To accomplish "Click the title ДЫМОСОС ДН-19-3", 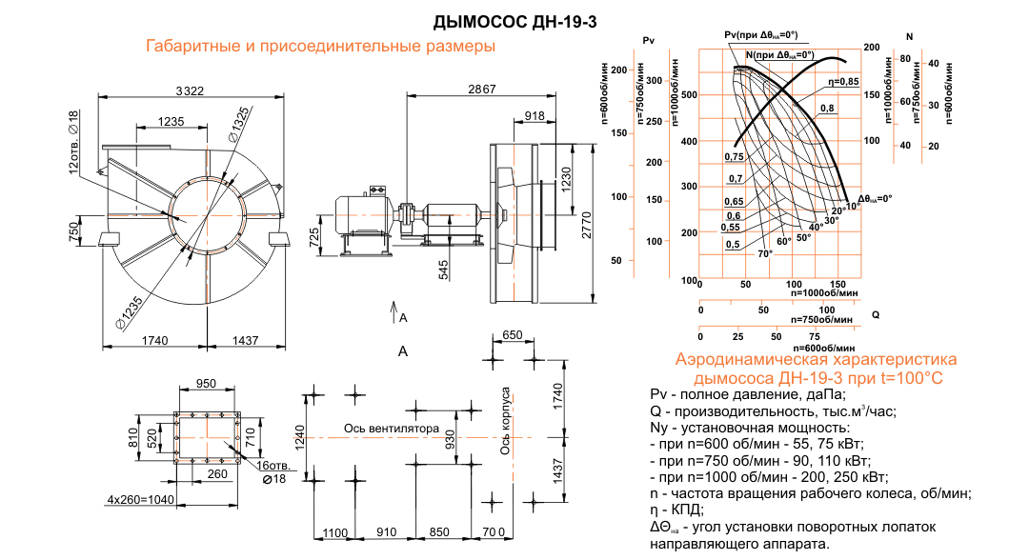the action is click(515, 22).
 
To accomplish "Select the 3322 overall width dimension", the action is click(190, 91).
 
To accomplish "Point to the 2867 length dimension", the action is click(482, 90).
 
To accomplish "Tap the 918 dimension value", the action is click(535, 116).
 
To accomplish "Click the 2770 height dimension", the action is click(587, 225).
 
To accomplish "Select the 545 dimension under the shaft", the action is click(444, 270).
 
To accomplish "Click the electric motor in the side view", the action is click(363, 216).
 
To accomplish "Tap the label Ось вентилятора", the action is click(392, 429).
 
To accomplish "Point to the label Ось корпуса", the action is click(505, 421).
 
